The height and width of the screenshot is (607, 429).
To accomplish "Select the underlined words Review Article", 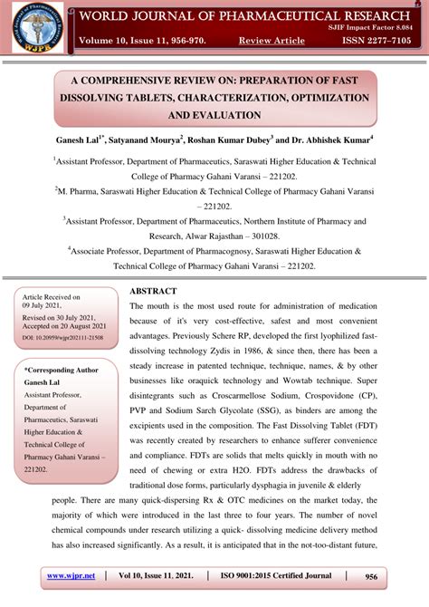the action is click(x=271, y=41).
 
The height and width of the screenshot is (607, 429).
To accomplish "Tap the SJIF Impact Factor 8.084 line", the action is click(x=375, y=28).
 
